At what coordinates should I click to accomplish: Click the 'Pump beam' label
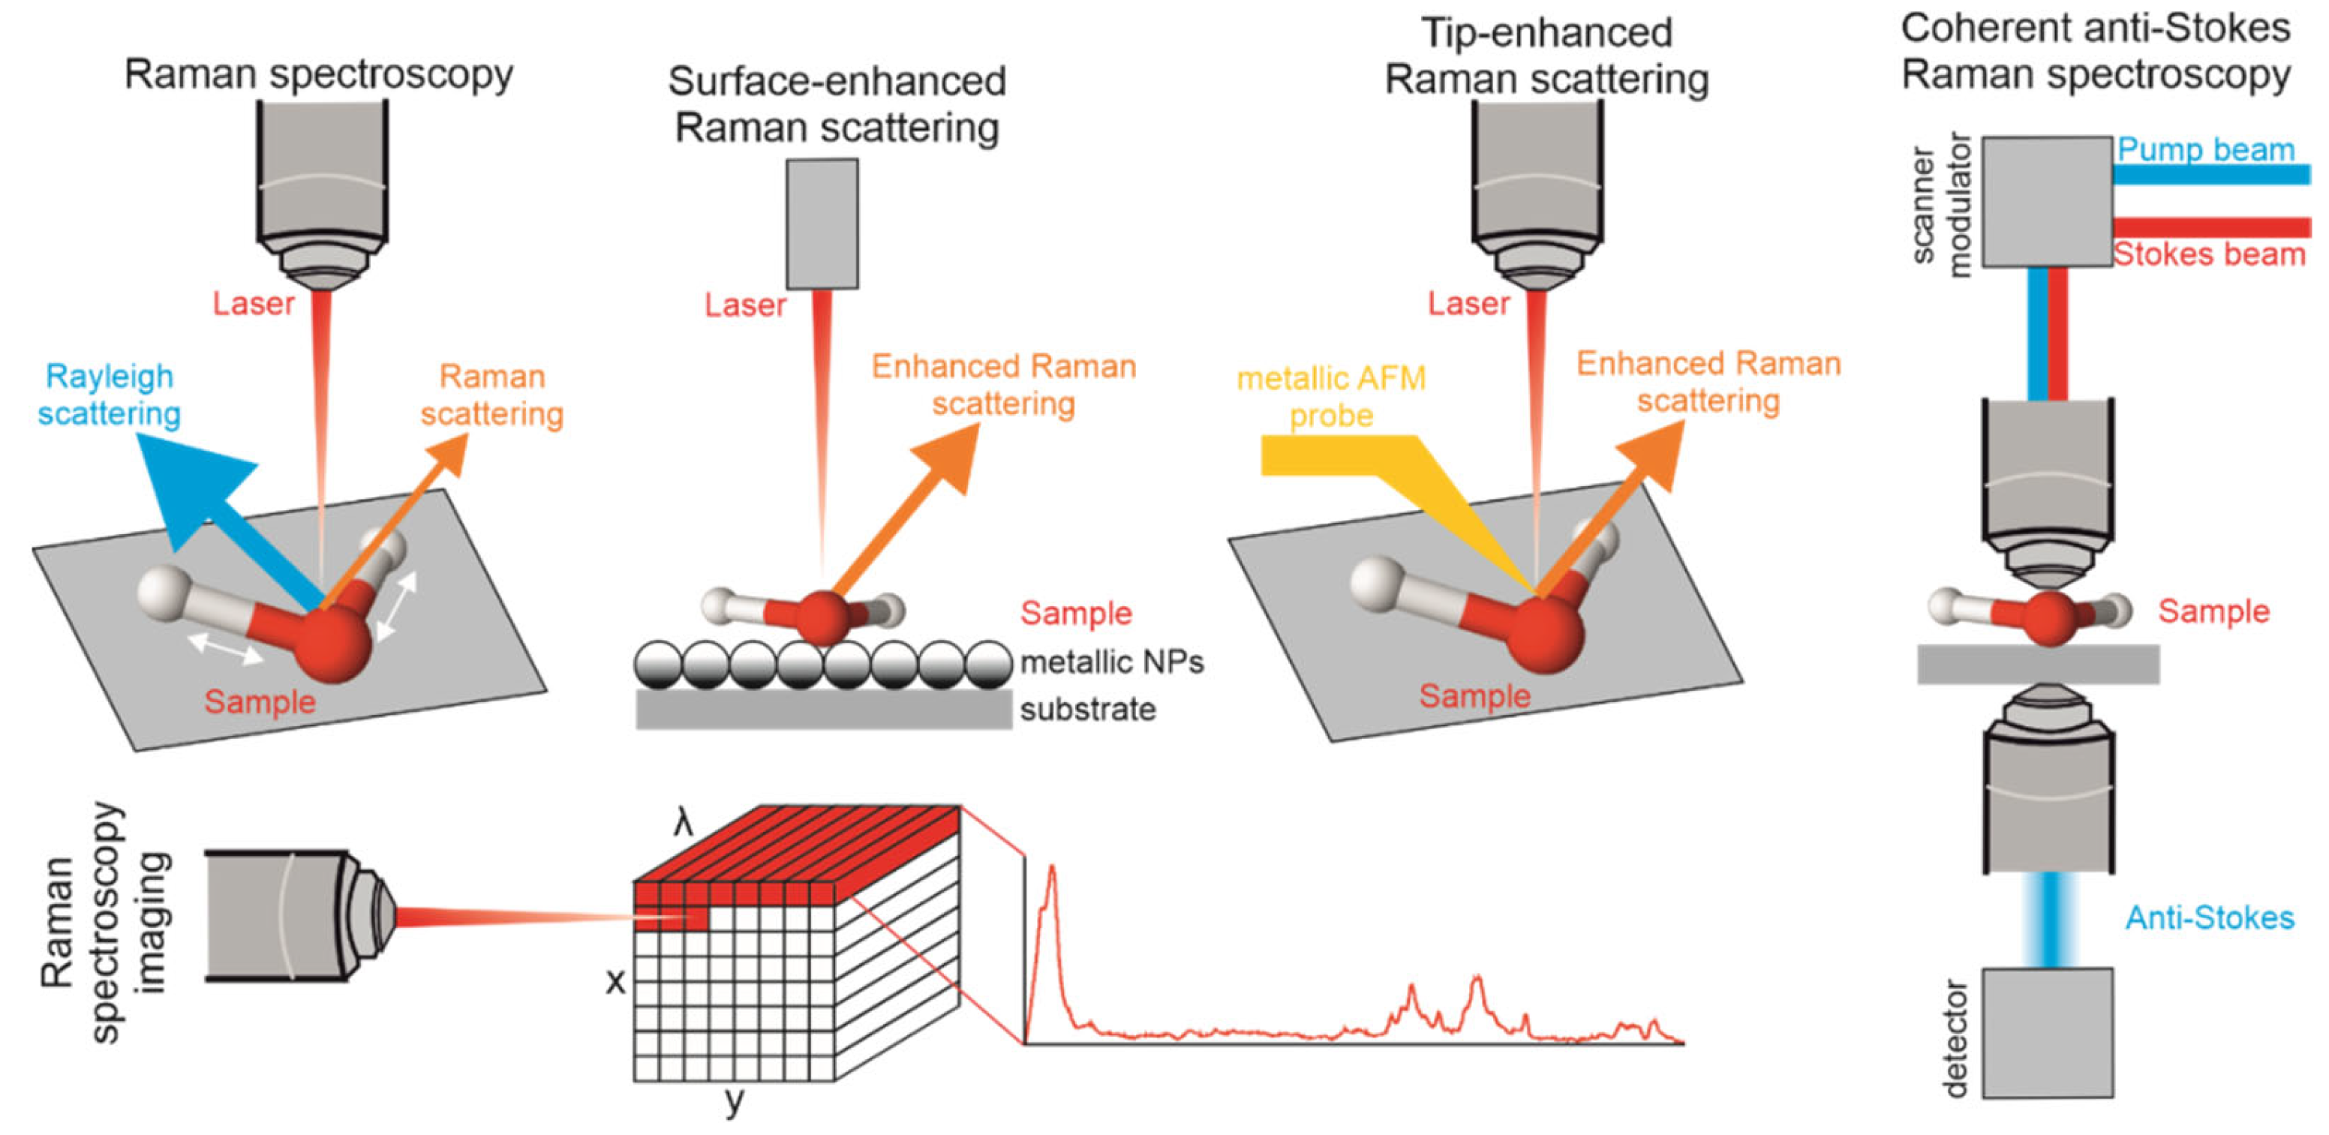(x=2205, y=149)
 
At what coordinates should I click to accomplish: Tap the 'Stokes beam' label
(x=2209, y=255)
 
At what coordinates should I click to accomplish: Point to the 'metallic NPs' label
(x=1111, y=662)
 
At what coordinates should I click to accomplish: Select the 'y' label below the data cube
(x=734, y=1100)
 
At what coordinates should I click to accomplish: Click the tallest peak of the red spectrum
(x=1051, y=872)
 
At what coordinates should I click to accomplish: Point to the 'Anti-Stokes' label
(x=2209, y=918)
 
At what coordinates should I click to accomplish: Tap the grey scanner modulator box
(x=2047, y=200)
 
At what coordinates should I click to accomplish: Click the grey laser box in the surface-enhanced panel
(x=821, y=224)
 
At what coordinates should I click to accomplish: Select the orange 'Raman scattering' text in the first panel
(x=492, y=395)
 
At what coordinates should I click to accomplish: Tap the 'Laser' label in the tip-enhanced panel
(x=1468, y=304)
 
